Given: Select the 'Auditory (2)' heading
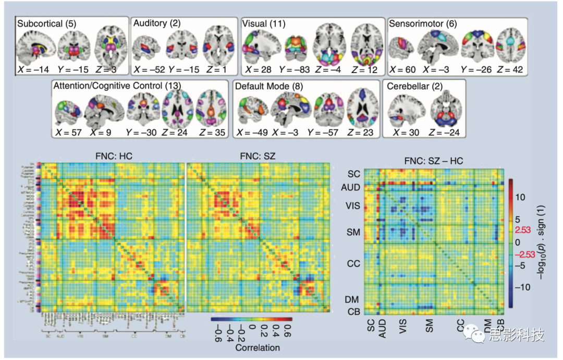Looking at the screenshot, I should [x=157, y=23].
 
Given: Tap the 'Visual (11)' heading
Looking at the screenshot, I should [x=263, y=23].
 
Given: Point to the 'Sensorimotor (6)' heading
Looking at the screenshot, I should [x=422, y=23].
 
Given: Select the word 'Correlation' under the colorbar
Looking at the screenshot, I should [x=258, y=347].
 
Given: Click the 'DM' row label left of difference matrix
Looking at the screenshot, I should [x=353, y=299].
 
